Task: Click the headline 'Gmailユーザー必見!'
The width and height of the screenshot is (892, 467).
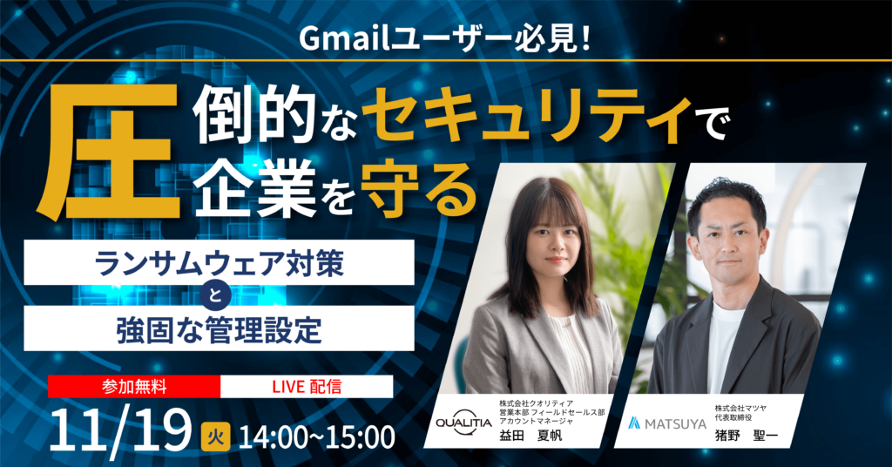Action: pos(445,40)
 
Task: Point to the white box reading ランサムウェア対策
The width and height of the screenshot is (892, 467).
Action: pos(219,262)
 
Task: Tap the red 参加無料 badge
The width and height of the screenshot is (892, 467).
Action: pos(134,387)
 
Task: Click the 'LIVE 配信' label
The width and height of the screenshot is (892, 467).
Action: pos(307,387)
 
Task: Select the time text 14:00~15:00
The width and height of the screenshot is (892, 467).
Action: pos(317,437)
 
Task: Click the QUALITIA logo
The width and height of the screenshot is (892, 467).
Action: pos(463,423)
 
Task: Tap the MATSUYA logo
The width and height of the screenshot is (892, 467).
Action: pos(666,423)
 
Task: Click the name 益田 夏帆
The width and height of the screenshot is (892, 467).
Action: pos(530,437)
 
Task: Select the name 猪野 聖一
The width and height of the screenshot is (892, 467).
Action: pos(746,437)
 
